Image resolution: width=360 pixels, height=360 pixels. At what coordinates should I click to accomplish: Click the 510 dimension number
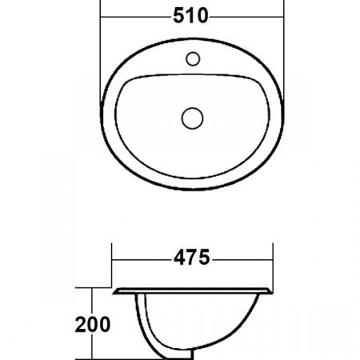192,14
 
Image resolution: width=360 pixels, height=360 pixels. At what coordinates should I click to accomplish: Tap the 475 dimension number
192,258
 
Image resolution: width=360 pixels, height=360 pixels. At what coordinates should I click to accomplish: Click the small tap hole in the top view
193,58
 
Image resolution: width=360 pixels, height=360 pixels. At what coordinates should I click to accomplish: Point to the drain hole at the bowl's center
192,118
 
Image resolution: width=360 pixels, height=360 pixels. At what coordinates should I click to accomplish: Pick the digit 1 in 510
192,14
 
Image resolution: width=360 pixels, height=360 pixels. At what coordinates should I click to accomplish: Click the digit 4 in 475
178,258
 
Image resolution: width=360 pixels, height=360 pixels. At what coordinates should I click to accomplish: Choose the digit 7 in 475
192,258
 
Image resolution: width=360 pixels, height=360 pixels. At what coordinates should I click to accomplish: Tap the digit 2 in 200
81,324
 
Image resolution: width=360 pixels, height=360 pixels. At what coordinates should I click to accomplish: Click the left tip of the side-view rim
114,290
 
